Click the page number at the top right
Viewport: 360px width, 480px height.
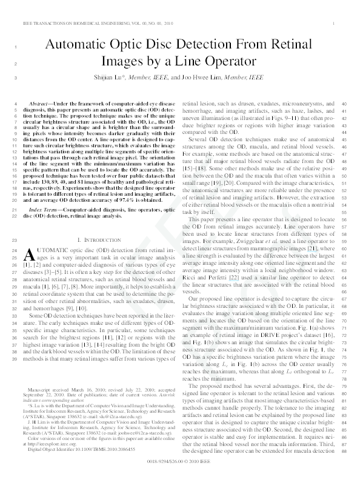[x=335, y=22]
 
